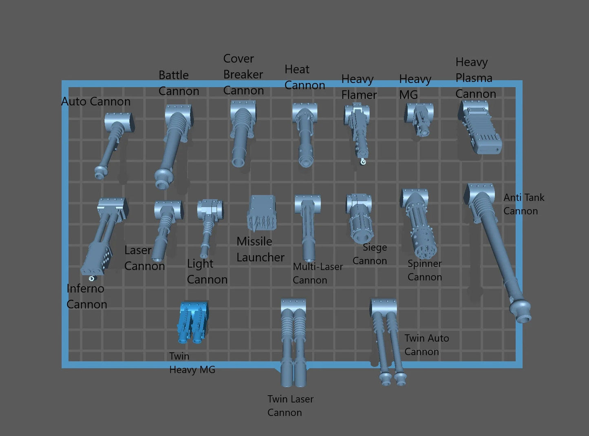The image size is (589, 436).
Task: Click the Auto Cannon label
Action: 96,101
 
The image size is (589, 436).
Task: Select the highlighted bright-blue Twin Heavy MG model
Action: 192,322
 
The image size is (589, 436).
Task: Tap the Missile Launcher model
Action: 261,213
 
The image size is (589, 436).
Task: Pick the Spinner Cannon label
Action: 425,270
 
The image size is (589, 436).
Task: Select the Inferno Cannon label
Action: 86,296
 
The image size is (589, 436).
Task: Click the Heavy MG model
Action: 419,118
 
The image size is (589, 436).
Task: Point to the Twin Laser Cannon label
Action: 290,405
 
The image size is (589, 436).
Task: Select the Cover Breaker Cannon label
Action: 243,74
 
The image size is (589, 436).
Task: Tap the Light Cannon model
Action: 209,224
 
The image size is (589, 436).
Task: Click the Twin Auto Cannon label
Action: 426,345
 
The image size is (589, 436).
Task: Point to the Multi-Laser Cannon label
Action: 317,273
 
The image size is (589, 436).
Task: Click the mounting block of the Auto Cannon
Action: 119,121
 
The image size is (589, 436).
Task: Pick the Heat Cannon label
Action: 304,77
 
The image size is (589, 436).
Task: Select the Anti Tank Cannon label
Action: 523,204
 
